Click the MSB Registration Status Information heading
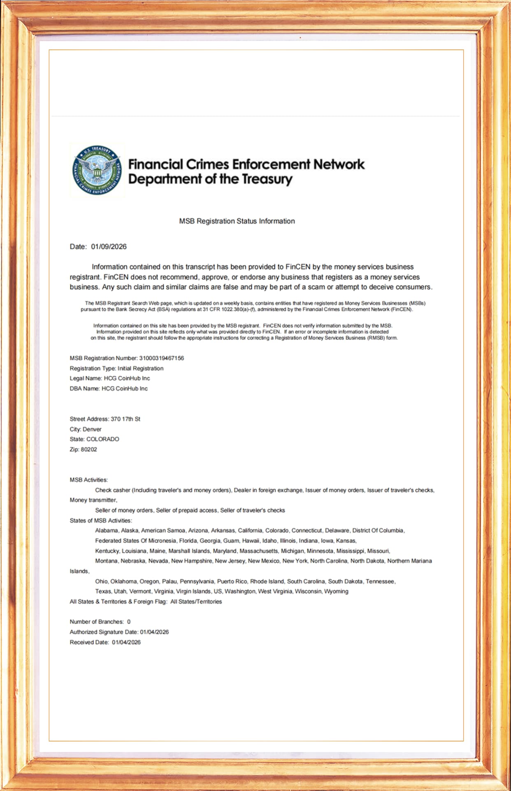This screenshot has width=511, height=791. tap(237, 221)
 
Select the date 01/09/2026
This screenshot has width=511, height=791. tap(109, 247)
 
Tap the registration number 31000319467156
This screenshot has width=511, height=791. tap(161, 358)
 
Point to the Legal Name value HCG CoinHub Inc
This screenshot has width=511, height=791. tap(127, 378)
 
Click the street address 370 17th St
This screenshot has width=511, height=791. tap(125, 419)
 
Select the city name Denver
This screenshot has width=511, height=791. tap(92, 429)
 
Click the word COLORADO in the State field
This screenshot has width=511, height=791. tap(102, 439)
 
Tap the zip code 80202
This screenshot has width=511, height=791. tap(89, 449)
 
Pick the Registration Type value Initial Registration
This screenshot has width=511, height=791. tap(140, 368)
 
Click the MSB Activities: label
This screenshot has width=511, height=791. tap(88, 480)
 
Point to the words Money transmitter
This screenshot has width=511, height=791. tap(93, 500)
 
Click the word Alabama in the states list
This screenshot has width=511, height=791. tap(106, 531)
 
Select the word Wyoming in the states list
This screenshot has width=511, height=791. tap(336, 592)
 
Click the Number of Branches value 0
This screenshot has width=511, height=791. tap(129, 622)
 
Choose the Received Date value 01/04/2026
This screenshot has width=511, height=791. tap(126, 642)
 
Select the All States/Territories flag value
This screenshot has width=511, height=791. tap(196, 601)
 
